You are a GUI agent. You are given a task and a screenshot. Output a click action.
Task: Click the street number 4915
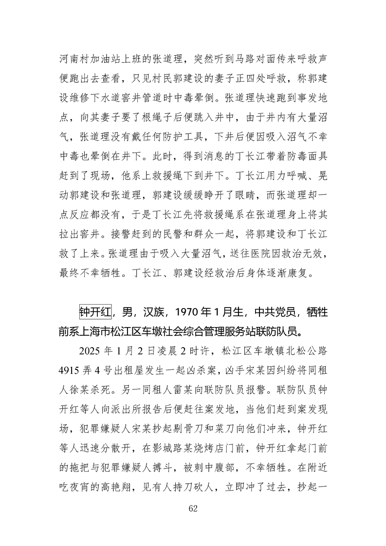pos(72,374)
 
